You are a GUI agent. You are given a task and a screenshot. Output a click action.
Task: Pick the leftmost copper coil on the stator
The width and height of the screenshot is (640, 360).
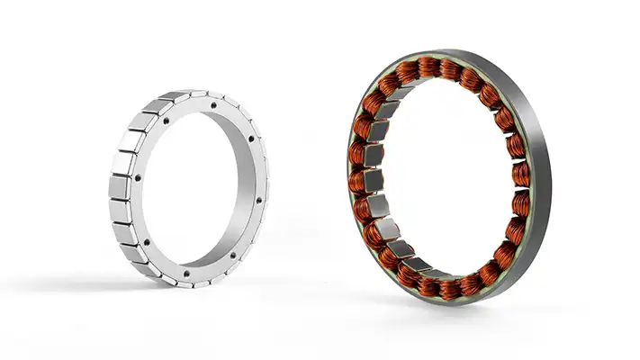pos(359,180)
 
